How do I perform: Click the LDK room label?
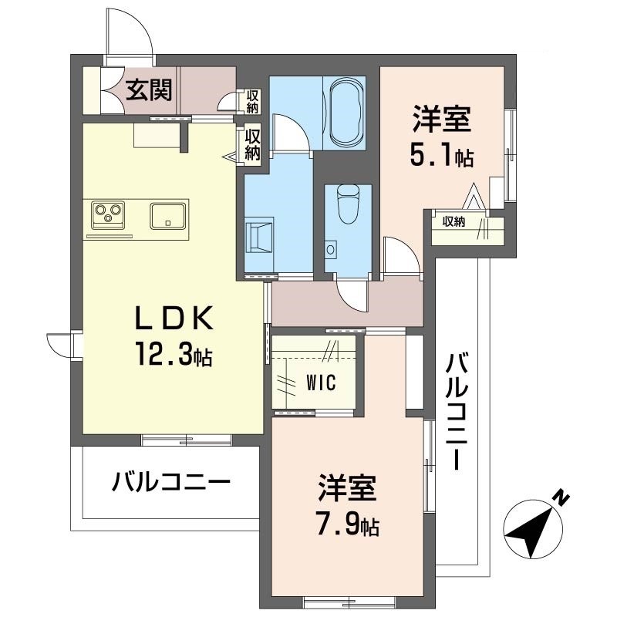pyautogui.click(x=174, y=319)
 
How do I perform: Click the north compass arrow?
pyautogui.click(x=531, y=530)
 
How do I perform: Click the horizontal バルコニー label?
pyautogui.click(x=170, y=484)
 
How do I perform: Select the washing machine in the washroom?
pyautogui.click(x=259, y=234)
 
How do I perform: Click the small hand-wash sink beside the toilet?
pyautogui.click(x=332, y=249)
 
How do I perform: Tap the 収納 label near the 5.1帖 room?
pyautogui.click(x=453, y=221)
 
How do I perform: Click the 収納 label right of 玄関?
pyautogui.click(x=252, y=100)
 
